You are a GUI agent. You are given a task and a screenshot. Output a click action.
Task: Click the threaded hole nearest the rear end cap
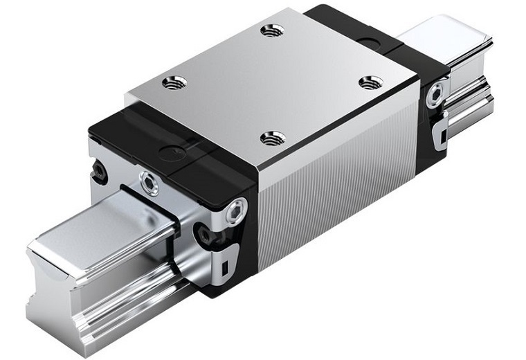[x=273, y=30]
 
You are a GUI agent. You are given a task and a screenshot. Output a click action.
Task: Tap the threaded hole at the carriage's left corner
[x=174, y=83]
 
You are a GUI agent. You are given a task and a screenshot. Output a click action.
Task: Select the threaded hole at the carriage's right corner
[x=371, y=82]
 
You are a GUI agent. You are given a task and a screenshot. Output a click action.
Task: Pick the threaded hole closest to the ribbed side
[x=273, y=138]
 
